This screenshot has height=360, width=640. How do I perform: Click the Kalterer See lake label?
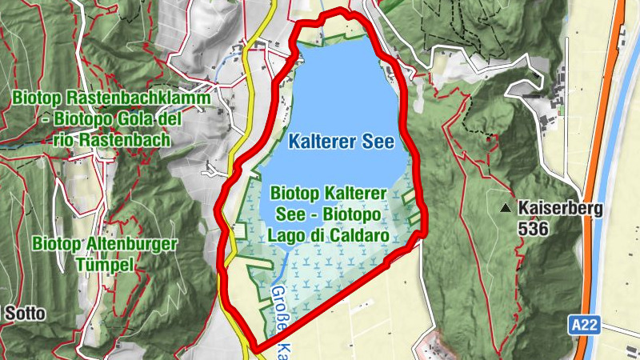coord(342,143)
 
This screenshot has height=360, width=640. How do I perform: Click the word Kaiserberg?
coord(560,209)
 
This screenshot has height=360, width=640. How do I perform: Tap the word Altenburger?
coord(122,243)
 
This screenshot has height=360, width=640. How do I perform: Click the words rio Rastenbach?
coord(112,140)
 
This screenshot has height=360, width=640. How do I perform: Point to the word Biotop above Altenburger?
coord(57,243)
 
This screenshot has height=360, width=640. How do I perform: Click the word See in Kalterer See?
coord(378,143)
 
